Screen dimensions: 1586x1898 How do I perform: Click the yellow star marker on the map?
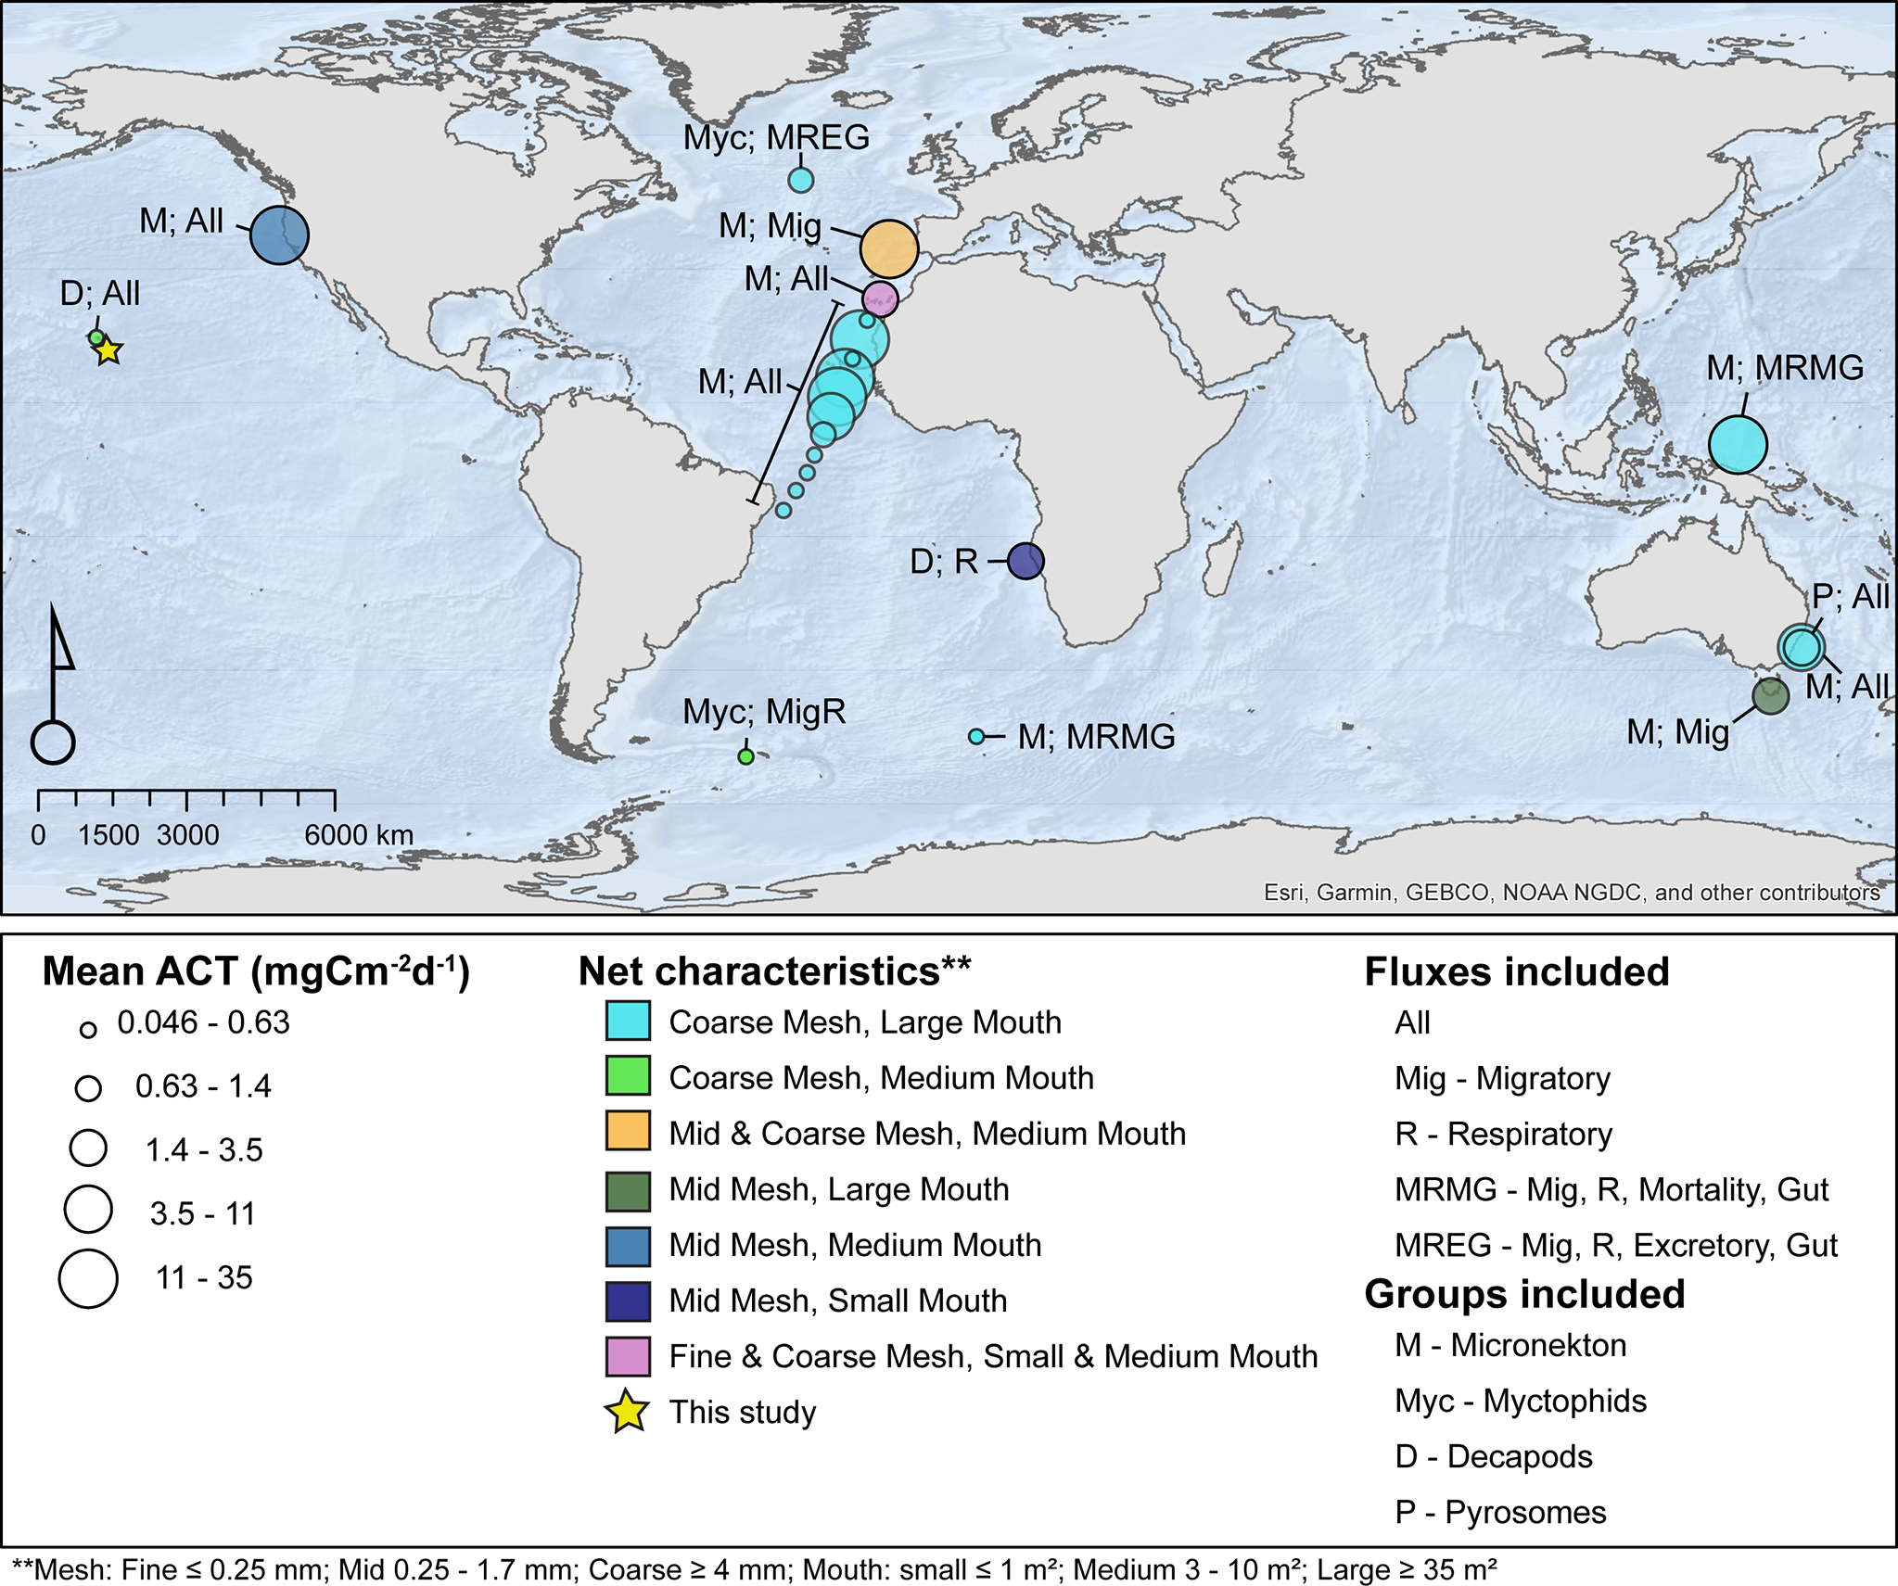coord(108,350)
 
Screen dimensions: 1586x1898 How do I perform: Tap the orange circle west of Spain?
coord(889,248)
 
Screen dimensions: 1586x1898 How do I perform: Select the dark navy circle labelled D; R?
coord(1025,561)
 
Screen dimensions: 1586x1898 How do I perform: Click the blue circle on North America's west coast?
coord(279,235)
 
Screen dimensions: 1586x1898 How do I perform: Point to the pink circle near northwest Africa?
coord(880,298)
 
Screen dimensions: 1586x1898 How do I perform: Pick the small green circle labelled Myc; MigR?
coord(745,756)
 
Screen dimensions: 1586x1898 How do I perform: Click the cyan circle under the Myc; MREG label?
coord(801,180)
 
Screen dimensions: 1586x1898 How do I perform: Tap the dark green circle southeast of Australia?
coord(1770,695)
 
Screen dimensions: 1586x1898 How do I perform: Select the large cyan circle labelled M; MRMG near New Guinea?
coord(1738,445)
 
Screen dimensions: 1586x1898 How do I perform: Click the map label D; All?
coord(100,294)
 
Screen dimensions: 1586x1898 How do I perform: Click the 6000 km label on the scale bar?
coord(359,835)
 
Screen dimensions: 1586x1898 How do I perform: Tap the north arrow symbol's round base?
coord(53,742)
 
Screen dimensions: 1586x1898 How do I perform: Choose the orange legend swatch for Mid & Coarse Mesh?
coord(628,1134)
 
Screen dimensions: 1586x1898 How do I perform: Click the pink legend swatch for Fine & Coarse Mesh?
coord(628,1356)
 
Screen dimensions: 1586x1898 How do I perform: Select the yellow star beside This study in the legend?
coord(628,1412)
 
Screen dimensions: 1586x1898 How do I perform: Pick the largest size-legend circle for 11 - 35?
coord(88,1278)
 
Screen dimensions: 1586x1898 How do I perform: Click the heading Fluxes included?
coord(1517,972)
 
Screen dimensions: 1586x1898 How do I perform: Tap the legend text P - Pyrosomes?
coord(1500,1512)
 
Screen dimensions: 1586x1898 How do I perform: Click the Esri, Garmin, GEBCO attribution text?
coord(1572,892)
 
